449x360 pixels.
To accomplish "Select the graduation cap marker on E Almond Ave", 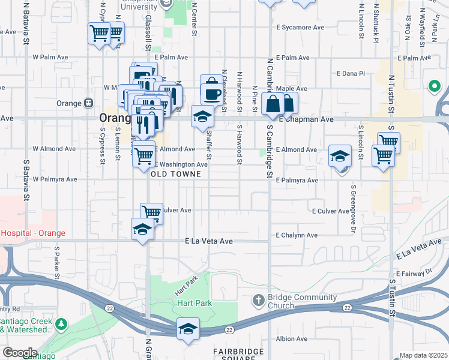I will [x=340, y=157].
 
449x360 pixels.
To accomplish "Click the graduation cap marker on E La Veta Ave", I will [x=142, y=230].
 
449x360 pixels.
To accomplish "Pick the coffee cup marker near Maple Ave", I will [x=211, y=93].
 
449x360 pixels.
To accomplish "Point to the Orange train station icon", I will [x=88, y=103].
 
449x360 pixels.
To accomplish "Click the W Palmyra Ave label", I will [x=55, y=179].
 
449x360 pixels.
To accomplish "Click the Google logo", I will [x=20, y=353].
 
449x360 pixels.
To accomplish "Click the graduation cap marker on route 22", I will [x=188, y=329].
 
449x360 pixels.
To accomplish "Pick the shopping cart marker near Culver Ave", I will [x=152, y=212].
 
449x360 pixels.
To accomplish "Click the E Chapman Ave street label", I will [x=307, y=119].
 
